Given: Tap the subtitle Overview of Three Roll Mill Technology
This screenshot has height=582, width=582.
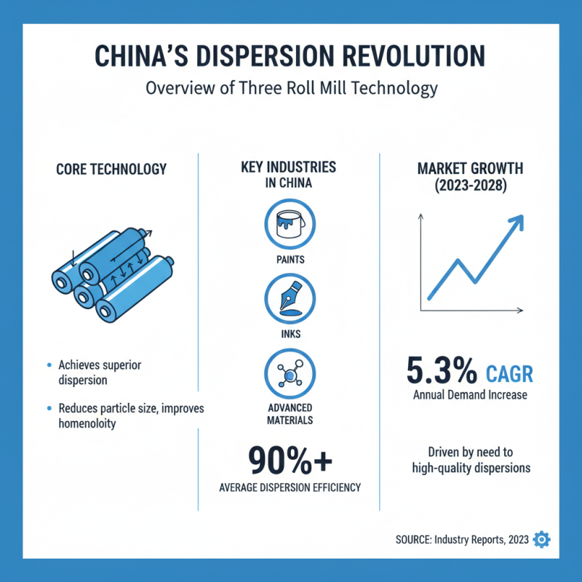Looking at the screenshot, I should tap(291, 89).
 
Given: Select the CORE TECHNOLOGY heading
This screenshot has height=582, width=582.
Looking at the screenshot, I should tap(111, 170).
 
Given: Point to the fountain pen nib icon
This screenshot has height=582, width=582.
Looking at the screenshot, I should tap(290, 298).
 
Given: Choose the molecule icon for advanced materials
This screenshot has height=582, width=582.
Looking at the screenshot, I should tap(290, 373).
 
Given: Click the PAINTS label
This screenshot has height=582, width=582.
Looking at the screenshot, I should tap(290, 259).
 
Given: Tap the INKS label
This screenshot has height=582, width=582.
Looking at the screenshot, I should tap(290, 335).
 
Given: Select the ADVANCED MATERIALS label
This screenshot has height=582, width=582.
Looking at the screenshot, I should tap(290, 413).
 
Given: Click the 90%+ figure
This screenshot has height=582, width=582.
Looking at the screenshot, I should tap(290, 460).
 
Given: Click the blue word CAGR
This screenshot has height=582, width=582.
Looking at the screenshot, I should tap(508, 374).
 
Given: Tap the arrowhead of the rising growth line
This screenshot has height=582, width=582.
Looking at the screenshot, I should tap(517, 222).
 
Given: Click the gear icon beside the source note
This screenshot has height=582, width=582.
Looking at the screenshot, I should tap(542, 539).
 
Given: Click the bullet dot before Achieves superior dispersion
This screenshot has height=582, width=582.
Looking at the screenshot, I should tap(49, 364).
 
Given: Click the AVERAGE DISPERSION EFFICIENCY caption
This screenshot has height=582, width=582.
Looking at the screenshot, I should tap(290, 487).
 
